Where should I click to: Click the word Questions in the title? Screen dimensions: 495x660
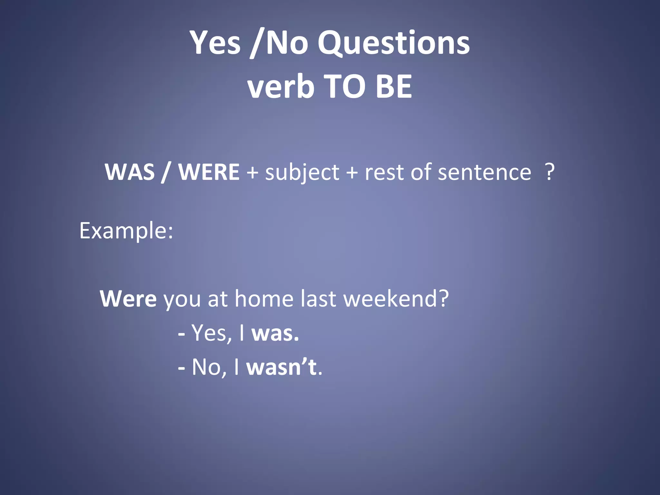[x=393, y=43]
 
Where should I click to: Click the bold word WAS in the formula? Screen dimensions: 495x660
[x=130, y=172]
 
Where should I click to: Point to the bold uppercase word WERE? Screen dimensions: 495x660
[x=209, y=172]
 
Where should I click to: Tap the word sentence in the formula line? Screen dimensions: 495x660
[x=484, y=172]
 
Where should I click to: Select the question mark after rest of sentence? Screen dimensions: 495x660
[x=549, y=172]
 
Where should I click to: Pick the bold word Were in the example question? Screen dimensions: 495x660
[x=128, y=299]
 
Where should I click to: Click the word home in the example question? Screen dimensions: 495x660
[x=264, y=299]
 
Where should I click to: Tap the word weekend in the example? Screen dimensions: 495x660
[x=396, y=299]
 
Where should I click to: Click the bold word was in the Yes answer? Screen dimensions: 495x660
[x=275, y=333]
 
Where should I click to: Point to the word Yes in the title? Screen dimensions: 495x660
[x=215, y=43]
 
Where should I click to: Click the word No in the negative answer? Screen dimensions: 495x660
[x=206, y=367]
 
